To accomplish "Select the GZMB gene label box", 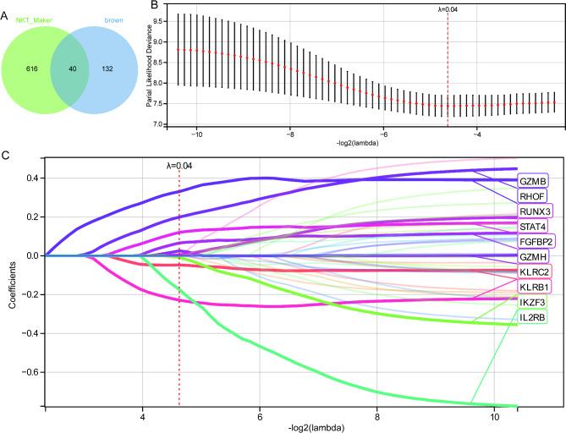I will (x=534, y=181).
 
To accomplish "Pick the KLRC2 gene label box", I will (x=536, y=272).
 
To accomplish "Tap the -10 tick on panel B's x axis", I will (x=197, y=133).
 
